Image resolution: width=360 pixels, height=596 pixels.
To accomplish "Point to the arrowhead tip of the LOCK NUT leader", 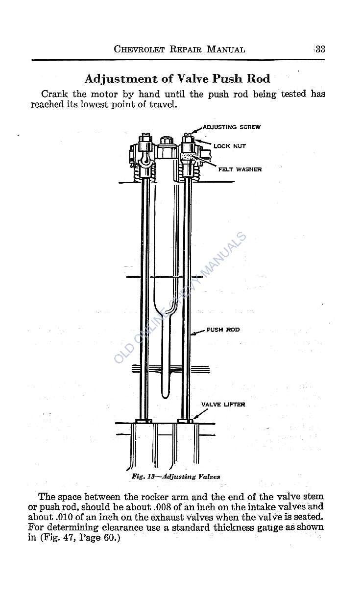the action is (x=195, y=140).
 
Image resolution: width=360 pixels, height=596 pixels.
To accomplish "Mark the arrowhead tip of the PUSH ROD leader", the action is (x=192, y=334).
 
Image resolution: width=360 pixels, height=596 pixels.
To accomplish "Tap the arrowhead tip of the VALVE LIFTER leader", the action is (x=193, y=419).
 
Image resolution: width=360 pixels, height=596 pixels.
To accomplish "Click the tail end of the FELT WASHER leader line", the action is (x=216, y=167).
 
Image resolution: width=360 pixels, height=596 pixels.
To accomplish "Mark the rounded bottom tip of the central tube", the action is (x=165, y=398).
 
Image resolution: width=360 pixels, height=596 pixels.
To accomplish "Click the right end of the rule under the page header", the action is (x=325, y=60).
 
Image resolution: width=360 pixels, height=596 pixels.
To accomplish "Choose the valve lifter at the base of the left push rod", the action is (x=144, y=421).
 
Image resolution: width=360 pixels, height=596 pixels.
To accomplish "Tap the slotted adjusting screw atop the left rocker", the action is (x=145, y=137).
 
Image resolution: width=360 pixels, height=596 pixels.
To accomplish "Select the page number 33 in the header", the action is (x=320, y=49).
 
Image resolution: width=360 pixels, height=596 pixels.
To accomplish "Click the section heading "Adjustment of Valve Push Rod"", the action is (x=177, y=79).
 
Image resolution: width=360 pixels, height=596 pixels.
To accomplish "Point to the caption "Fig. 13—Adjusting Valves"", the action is (x=176, y=477).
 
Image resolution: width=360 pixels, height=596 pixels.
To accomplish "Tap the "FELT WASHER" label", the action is (x=240, y=169).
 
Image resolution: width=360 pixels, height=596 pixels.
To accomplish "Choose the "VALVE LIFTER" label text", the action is (x=223, y=405).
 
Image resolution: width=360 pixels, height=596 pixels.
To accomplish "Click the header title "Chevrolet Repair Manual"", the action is (x=179, y=49).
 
